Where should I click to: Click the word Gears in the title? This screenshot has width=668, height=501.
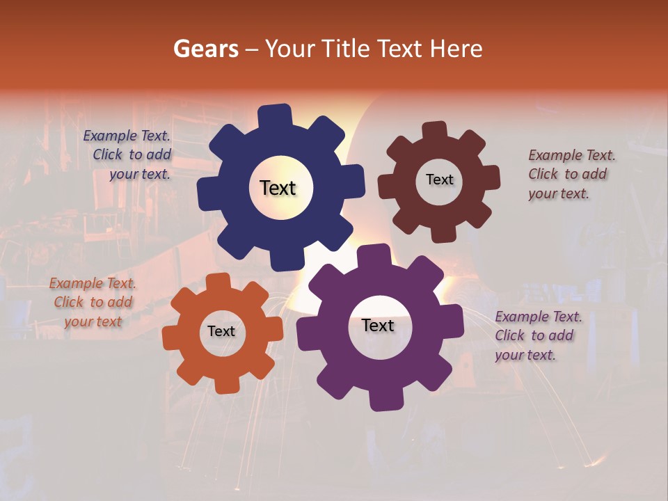tap(205, 49)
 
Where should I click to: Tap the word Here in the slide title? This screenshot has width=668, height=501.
tap(456, 49)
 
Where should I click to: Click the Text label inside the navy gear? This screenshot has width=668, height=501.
tap(278, 188)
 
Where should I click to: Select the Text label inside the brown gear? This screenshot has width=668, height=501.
tap(439, 180)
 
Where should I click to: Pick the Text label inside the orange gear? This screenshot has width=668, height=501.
tap(221, 331)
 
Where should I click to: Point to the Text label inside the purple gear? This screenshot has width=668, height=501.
tap(378, 325)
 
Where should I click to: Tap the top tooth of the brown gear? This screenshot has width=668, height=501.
tap(434, 132)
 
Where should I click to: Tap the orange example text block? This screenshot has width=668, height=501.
tap(93, 302)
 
